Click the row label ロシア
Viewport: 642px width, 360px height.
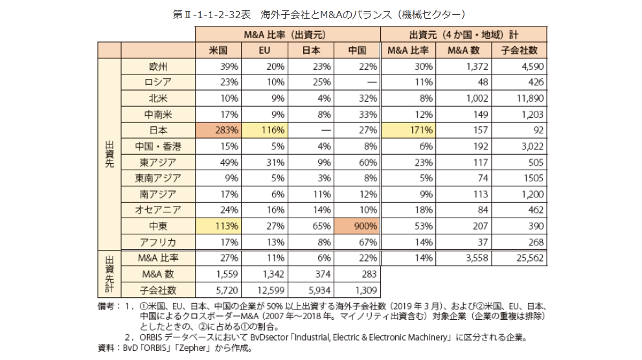[158, 82]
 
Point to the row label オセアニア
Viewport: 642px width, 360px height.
[158, 210]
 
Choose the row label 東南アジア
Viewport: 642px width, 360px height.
[158, 178]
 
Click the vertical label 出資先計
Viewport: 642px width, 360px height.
[109, 273]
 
